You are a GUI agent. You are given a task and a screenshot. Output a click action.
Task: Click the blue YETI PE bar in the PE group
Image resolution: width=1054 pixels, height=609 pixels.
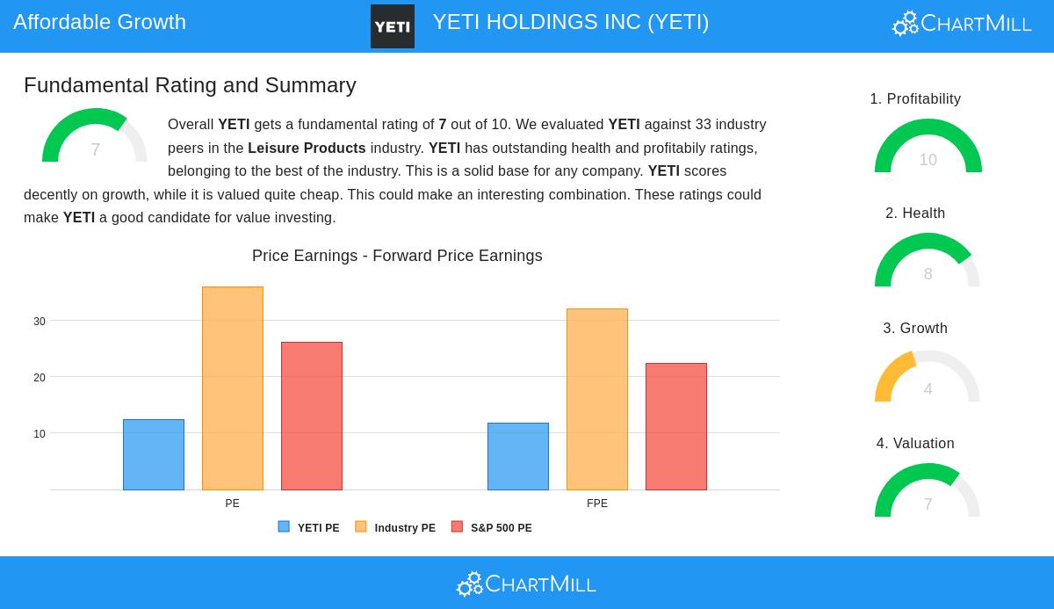click(154, 454)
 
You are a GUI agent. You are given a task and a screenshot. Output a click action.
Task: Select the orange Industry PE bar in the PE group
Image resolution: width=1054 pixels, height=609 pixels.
click(233, 388)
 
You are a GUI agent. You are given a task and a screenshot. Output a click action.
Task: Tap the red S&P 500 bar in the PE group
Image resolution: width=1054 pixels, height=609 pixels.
click(312, 416)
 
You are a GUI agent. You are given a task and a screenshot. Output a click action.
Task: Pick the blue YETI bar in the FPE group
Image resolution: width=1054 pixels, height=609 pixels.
click(518, 456)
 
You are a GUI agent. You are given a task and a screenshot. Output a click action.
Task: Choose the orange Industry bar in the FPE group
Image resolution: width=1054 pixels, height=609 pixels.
click(597, 399)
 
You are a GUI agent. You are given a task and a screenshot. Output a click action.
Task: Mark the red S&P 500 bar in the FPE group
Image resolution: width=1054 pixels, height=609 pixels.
click(676, 426)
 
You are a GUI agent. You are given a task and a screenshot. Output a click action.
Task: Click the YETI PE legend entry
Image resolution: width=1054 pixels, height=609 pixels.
click(309, 528)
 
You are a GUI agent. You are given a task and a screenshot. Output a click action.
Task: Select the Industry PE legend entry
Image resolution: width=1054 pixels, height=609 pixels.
click(395, 528)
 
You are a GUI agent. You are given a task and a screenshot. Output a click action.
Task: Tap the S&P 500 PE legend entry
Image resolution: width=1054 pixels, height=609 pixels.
click(492, 528)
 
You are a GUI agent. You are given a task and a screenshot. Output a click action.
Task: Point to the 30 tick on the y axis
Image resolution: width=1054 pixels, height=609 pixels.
click(40, 322)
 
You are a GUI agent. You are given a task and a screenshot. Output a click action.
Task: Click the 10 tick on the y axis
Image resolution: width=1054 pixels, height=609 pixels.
click(40, 434)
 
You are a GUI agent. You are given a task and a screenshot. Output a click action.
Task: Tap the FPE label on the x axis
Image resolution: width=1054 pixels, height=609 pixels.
click(597, 504)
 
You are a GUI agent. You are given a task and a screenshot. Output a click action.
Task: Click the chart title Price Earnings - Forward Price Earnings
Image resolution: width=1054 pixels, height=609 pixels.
click(397, 256)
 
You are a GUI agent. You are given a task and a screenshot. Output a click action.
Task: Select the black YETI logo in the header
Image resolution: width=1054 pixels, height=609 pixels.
click(393, 26)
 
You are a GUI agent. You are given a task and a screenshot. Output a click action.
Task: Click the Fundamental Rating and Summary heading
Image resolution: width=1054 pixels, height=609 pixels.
click(190, 85)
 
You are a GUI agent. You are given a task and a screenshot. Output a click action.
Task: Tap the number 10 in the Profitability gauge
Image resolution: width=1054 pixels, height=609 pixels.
click(928, 160)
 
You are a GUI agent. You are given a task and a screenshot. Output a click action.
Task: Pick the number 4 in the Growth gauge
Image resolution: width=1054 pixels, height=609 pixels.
click(928, 389)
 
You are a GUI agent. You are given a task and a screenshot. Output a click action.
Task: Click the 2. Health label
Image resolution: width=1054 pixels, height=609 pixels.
click(915, 214)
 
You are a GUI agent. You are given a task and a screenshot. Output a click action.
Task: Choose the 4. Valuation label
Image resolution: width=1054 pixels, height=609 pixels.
click(915, 444)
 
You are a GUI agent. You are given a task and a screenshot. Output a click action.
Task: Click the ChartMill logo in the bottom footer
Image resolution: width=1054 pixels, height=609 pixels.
click(526, 584)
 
